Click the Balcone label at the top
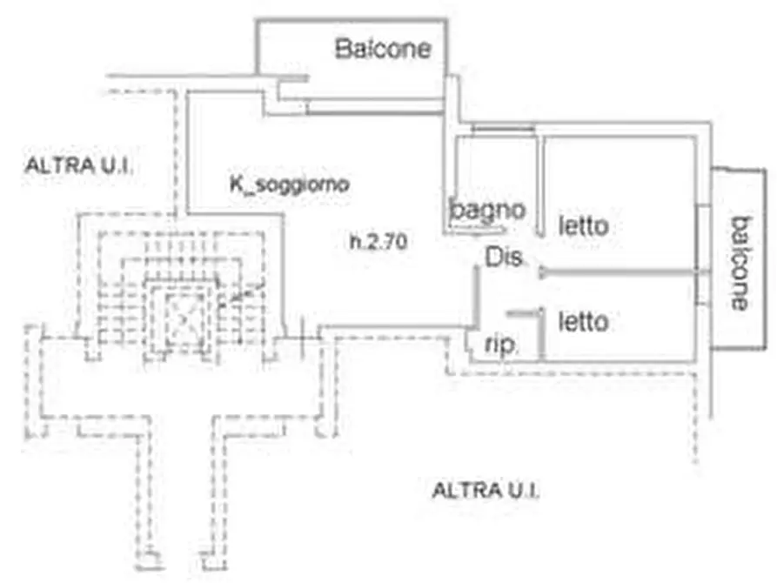383,49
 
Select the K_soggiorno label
290,184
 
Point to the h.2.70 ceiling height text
378,241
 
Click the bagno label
487,211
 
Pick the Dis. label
504,258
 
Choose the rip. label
500,345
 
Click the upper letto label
584,226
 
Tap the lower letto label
584,322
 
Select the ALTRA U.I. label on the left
79,165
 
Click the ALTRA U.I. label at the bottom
486,490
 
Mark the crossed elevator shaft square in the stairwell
184,318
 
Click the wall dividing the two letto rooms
619,271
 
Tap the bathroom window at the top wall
503,130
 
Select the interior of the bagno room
497,184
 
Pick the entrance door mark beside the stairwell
302,338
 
